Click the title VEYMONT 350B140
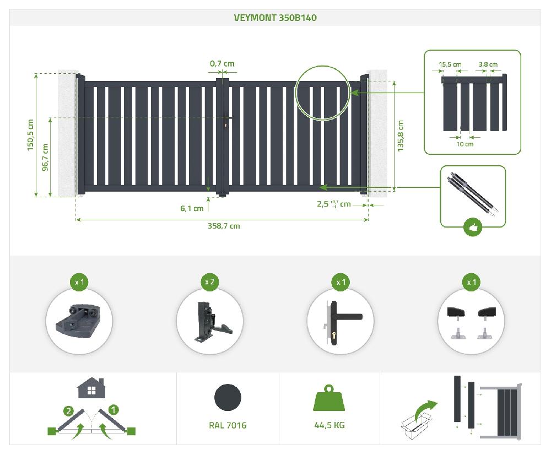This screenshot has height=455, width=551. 275,17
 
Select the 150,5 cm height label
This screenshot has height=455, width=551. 31,135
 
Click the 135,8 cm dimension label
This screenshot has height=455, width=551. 401,136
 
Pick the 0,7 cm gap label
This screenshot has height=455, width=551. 222,63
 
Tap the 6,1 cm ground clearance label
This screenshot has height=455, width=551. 192,208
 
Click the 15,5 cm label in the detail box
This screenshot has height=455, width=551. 450,64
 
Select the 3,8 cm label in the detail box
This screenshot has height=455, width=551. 488,64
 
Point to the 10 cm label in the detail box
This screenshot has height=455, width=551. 465,144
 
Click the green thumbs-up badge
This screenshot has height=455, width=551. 473,226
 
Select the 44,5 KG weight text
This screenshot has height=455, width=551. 329,425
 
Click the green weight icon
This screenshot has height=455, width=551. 329,398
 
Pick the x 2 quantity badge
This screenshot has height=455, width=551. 209,282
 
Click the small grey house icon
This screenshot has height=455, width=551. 91,388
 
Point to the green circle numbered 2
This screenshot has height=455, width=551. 68,410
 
